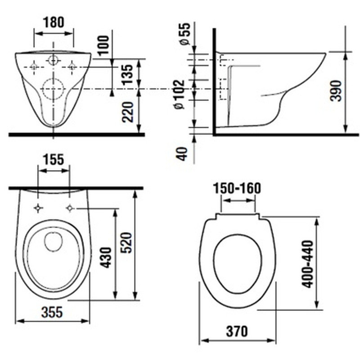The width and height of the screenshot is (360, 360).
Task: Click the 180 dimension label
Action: pyautogui.click(x=54, y=22)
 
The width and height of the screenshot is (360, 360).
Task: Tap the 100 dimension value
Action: pyautogui.click(x=103, y=45)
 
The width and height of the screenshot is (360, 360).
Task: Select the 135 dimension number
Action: pyautogui.click(x=127, y=74)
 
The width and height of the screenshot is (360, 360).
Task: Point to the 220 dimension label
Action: pyautogui.click(x=128, y=112)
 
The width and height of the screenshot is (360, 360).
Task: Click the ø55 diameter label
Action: pyautogui.click(x=185, y=33)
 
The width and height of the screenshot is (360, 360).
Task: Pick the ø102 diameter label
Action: pyautogui.click(x=179, y=94)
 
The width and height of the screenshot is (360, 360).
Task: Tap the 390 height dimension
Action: pyautogui.click(x=336, y=90)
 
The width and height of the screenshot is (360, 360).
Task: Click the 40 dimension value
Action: pyautogui.click(x=182, y=153)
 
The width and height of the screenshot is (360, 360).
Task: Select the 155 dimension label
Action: pyautogui.click(x=53, y=159)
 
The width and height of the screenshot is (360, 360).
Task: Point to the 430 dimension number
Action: pyautogui.click(x=106, y=257)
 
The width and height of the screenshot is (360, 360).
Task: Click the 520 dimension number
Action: pyautogui.click(x=126, y=243)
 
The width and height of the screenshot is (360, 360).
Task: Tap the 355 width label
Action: pyautogui.click(x=52, y=312)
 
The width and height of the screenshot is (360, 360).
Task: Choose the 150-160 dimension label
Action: pyautogui.click(x=238, y=188)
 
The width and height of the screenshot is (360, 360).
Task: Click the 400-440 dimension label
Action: pyautogui.click(x=307, y=264)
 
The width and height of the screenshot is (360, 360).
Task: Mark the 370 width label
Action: pyautogui.click(x=237, y=331)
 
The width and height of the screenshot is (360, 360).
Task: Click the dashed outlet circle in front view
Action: pyautogui.click(x=53, y=89)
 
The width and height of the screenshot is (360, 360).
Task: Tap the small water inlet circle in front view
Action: pyautogui.click(x=54, y=61)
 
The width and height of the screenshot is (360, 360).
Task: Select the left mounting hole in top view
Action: pyautogui.click(x=38, y=208)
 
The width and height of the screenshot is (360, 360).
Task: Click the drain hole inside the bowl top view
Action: pyautogui.click(x=53, y=242)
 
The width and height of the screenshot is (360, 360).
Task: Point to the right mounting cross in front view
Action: pyautogui.click(x=72, y=67)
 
